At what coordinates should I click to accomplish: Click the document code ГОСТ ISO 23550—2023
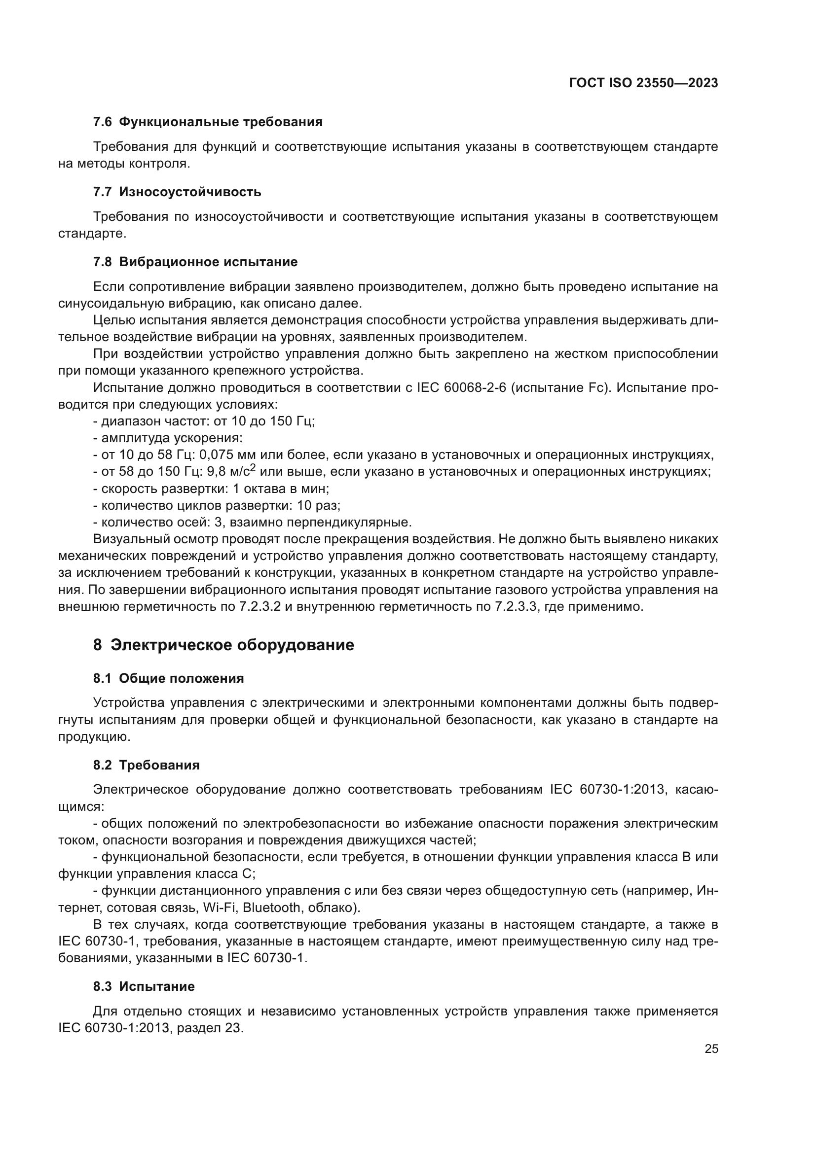(643, 83)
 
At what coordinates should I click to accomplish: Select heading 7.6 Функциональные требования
(208, 122)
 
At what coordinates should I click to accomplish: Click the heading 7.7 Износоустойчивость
(177, 192)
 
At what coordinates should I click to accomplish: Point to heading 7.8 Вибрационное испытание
(195, 262)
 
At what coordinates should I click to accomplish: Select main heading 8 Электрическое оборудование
(223, 645)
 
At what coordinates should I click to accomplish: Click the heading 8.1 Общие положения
(168, 678)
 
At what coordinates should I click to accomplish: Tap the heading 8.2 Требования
(146, 765)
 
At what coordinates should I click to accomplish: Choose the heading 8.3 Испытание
(144, 986)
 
